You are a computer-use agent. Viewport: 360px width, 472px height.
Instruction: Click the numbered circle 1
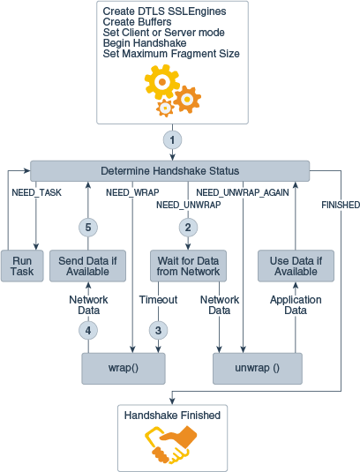[174, 140]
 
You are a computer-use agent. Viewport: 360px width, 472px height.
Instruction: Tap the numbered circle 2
[186, 227]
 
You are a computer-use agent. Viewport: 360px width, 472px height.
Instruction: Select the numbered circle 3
[159, 331]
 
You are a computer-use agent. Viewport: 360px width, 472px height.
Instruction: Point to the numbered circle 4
[88, 331]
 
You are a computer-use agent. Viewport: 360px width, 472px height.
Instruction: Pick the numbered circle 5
[88, 227]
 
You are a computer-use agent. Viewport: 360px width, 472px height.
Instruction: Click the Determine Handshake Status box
[169, 170]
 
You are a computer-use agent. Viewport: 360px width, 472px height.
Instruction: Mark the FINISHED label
[341, 205]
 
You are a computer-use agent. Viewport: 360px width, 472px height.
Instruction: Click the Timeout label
[159, 300]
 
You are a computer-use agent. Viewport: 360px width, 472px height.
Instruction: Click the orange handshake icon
[171, 444]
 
